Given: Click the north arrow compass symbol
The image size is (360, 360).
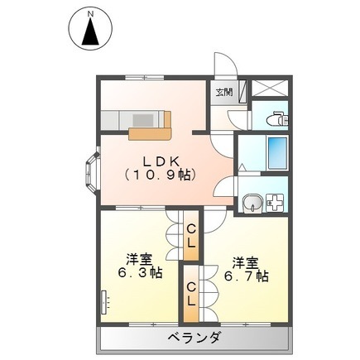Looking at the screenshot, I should click(90, 33).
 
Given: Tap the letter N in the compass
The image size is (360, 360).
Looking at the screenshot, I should click(90, 15).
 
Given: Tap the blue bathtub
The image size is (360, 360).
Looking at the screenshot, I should click(276, 152).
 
